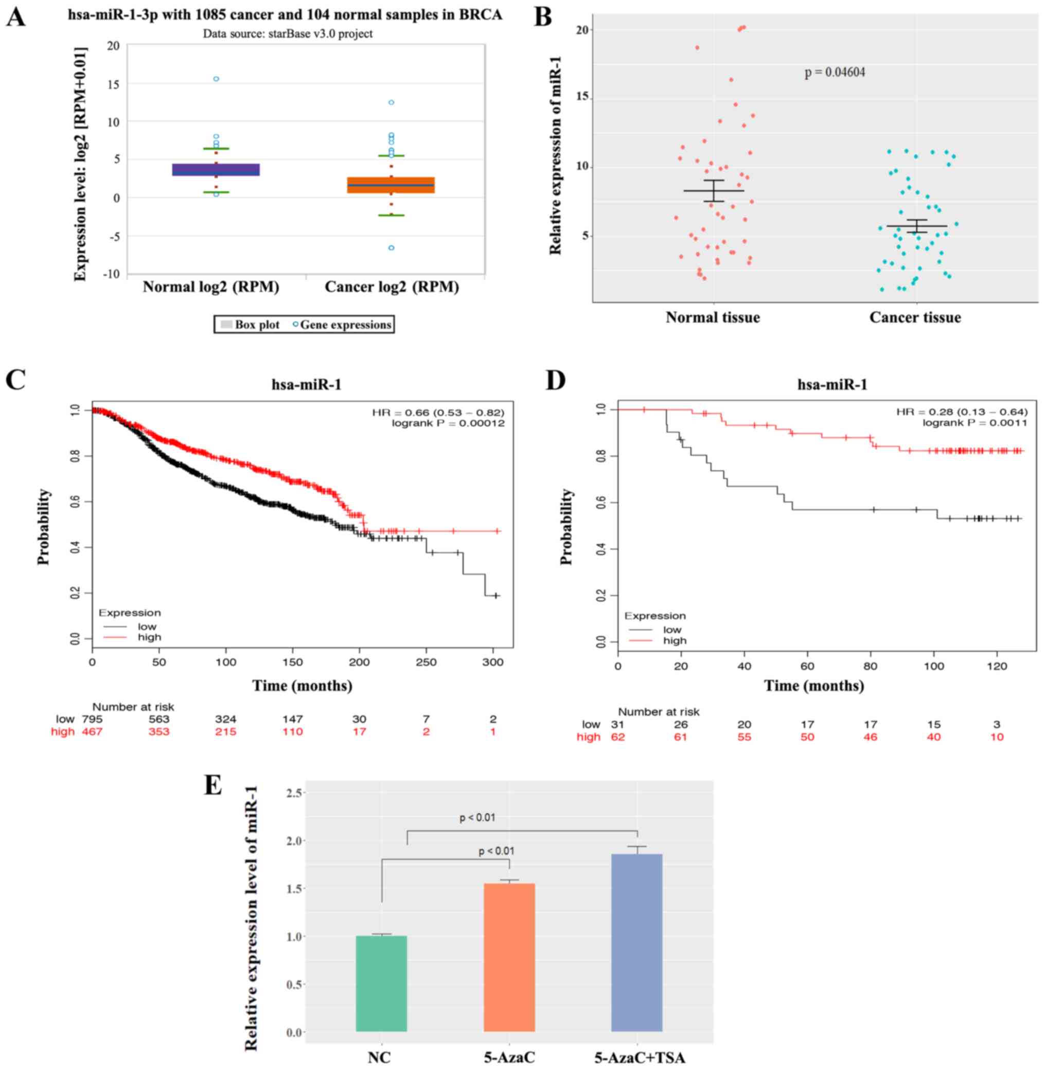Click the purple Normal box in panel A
[x=216, y=170]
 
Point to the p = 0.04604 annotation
[x=835, y=73]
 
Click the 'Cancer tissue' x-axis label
[x=915, y=318]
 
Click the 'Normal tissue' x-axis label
[x=713, y=318]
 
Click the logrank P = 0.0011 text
[x=975, y=422]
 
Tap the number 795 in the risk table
[x=92, y=719]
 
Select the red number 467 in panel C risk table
[x=92, y=732]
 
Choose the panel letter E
[x=213, y=785]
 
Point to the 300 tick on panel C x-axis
[x=493, y=662]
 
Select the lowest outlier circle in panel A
[x=392, y=248]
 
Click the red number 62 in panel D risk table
[x=618, y=737]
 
